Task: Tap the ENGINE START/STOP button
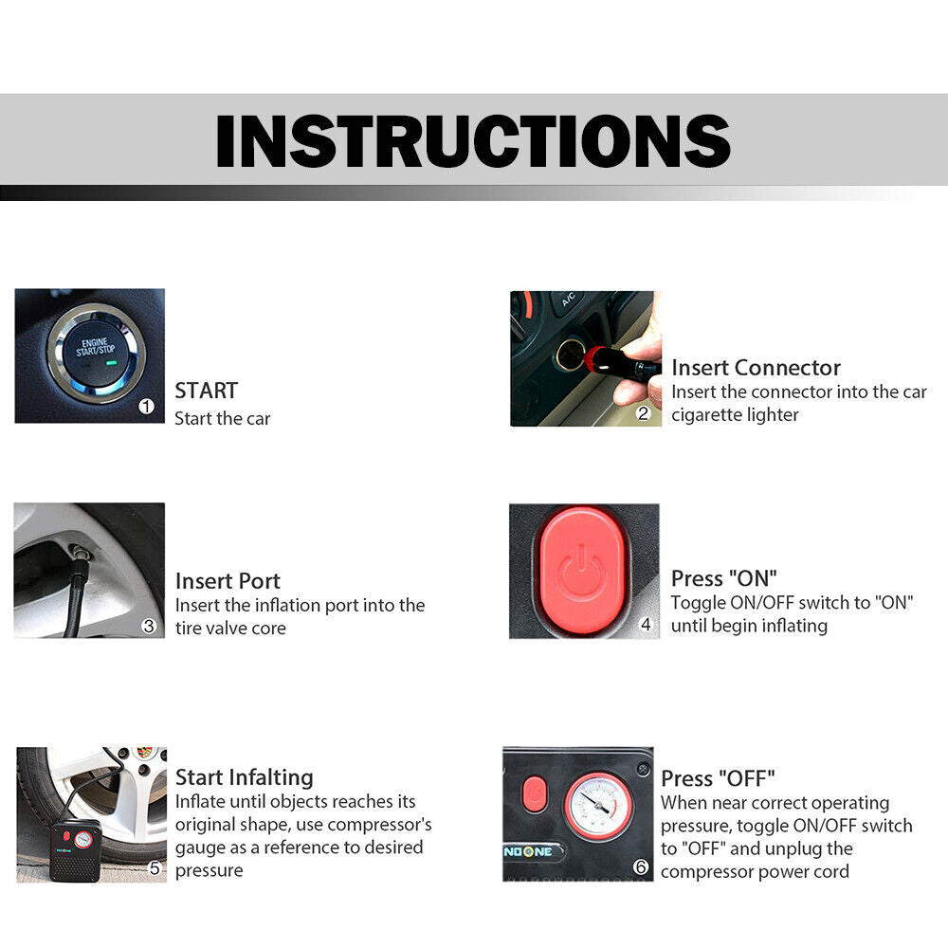pyautogui.click(x=94, y=350)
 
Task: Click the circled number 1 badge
pyautogui.click(x=146, y=406)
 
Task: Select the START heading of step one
pyautogui.click(x=206, y=390)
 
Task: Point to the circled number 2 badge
pyautogui.click(x=643, y=412)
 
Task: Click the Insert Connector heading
pyautogui.click(x=756, y=367)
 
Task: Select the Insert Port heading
pyautogui.click(x=228, y=580)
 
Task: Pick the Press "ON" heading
pyautogui.click(x=723, y=578)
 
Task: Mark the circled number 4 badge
pyautogui.click(x=647, y=625)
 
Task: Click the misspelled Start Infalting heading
pyautogui.click(x=244, y=777)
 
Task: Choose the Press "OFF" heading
pyautogui.click(x=717, y=779)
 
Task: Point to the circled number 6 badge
pyautogui.click(x=640, y=867)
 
